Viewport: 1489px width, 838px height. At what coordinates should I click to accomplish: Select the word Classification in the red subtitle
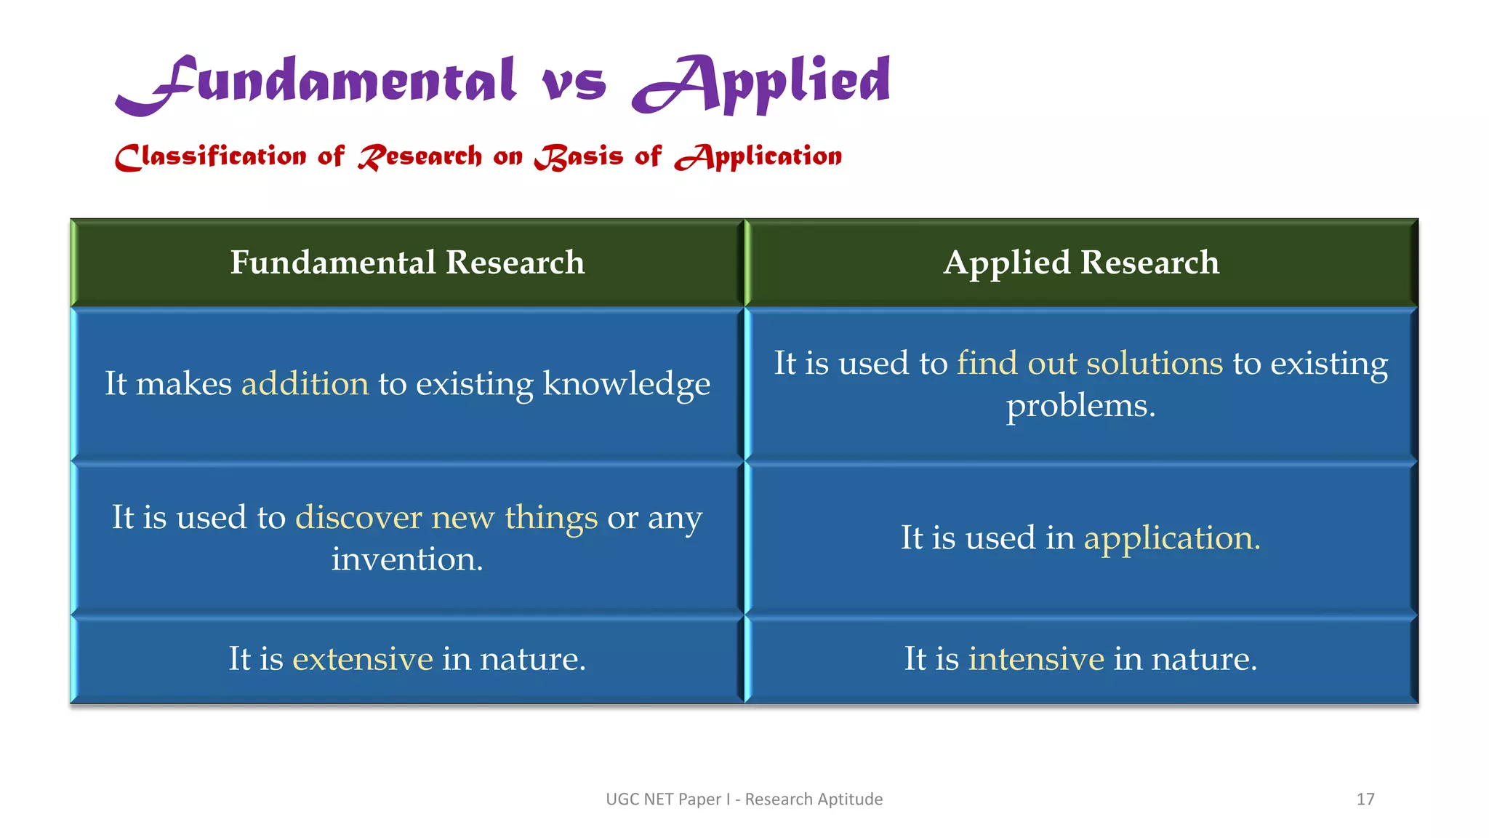(x=211, y=156)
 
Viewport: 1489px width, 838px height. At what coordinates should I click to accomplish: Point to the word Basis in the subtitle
(x=579, y=156)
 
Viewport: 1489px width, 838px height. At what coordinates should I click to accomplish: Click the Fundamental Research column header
(x=407, y=263)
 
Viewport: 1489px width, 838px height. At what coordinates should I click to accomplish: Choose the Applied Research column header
(x=1081, y=263)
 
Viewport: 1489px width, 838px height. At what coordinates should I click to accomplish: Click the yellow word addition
(x=305, y=383)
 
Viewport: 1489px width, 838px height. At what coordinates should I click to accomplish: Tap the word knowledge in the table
(x=626, y=383)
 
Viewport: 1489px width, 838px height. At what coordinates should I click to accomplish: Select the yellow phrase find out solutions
(x=1090, y=363)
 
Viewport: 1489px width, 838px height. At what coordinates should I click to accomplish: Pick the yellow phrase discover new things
(x=446, y=517)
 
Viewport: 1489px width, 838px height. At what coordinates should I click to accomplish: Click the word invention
(x=406, y=559)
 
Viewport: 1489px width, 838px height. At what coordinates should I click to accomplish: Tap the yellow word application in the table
(x=1171, y=538)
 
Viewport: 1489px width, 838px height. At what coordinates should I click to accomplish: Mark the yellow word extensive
(x=362, y=658)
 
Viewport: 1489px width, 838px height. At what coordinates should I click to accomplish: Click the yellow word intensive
(x=1036, y=658)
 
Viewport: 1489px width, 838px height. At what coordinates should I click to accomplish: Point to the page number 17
(x=1365, y=799)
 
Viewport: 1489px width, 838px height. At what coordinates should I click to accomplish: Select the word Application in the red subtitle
(x=758, y=156)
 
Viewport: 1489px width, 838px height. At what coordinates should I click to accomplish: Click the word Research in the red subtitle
(x=420, y=156)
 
